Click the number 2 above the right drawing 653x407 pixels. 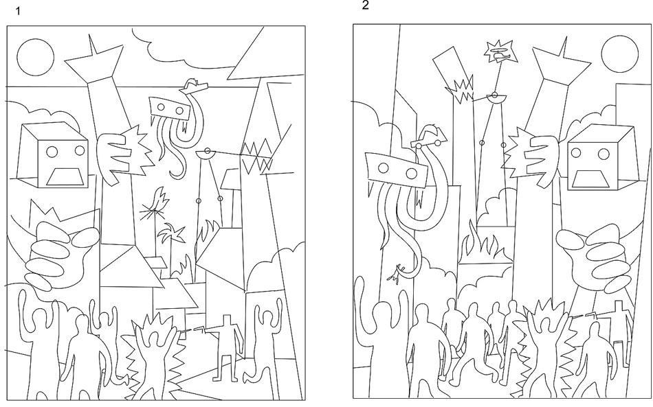tap(365, 6)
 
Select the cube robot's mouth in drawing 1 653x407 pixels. tap(67, 177)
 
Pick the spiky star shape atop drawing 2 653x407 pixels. tap(500, 51)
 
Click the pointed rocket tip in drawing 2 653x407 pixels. tap(555, 48)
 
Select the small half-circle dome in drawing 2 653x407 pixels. tap(494, 97)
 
